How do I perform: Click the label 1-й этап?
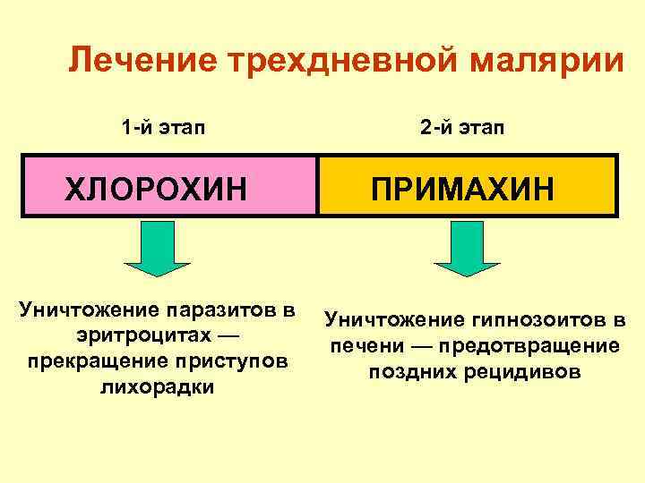click(x=162, y=127)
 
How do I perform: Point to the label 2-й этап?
click(x=462, y=127)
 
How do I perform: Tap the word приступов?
click(x=243, y=361)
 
